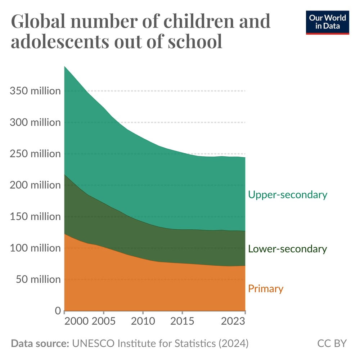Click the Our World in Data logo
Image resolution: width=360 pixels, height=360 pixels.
[327, 22]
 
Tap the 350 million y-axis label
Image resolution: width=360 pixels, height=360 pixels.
[35, 91]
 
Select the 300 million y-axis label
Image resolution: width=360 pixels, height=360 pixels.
[35, 122]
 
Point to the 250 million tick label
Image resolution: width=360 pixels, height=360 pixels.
[35, 154]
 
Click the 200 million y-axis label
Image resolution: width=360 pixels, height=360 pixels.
[35, 185]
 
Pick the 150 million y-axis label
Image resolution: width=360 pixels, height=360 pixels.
[35, 217]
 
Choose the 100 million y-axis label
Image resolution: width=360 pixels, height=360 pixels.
[35, 248]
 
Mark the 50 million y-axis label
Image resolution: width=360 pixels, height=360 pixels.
[37, 279]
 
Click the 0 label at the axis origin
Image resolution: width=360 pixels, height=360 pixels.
[58, 311]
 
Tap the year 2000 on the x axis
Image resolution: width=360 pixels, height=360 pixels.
[76, 321]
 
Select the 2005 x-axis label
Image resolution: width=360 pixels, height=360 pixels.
[104, 321]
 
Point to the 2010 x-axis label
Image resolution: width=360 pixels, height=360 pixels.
[143, 321]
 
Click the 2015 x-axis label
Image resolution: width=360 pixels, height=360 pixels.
[182, 321]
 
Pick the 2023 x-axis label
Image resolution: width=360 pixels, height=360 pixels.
[233, 321]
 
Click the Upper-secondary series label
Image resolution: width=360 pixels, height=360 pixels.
[288, 195]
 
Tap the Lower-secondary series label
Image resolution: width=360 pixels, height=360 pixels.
[288, 249]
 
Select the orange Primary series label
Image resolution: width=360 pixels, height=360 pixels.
[266, 289]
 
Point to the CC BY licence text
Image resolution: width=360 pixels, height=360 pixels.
[332, 343]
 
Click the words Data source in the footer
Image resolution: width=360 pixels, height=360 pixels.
[40, 343]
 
